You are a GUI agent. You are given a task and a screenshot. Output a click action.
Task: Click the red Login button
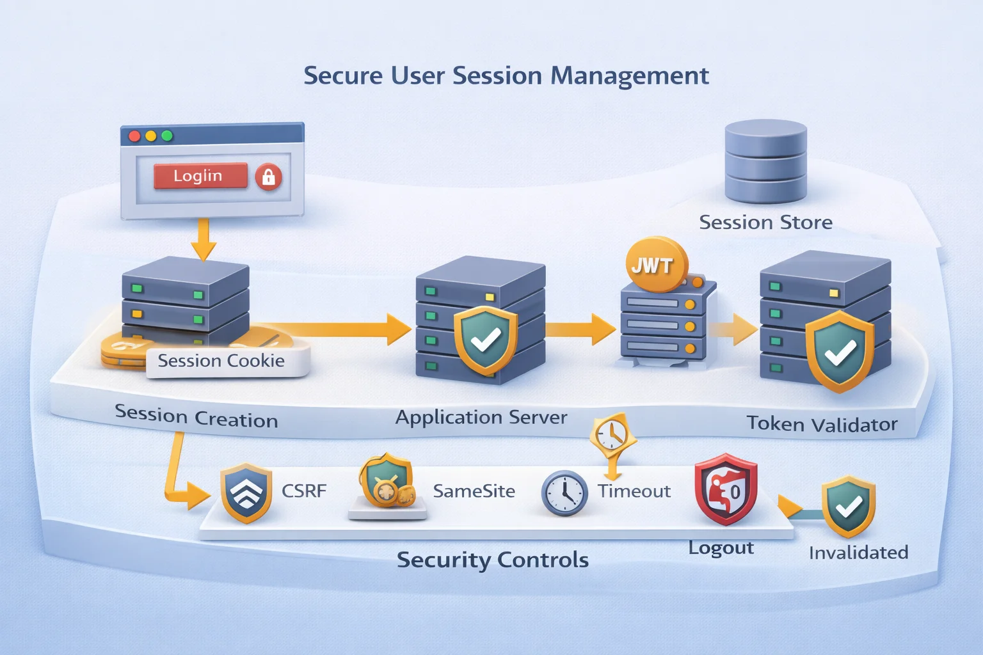[x=200, y=176]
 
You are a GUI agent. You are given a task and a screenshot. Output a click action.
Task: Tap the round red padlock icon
[x=268, y=177]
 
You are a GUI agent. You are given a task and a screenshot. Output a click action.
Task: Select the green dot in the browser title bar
[x=167, y=136]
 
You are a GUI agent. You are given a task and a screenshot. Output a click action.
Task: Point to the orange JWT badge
[x=653, y=265]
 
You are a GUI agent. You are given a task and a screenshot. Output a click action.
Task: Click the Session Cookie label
[x=221, y=361]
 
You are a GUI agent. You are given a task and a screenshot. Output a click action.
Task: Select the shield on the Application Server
[x=485, y=340]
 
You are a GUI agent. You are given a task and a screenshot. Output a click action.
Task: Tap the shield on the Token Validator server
[x=839, y=351]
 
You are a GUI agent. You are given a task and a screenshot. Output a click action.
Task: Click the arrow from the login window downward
[x=204, y=239]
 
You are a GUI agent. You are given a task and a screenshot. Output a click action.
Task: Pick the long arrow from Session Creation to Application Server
[x=333, y=329]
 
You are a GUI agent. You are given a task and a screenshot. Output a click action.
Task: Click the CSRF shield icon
[x=246, y=493]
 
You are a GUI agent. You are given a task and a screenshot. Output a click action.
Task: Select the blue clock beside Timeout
[x=564, y=493]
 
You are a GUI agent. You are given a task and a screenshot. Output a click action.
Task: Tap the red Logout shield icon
[x=726, y=489]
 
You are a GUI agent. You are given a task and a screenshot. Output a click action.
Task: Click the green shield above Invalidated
[x=848, y=506]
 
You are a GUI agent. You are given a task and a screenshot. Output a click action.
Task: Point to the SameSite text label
[x=474, y=491]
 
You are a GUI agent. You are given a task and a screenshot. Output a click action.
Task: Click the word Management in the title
[x=629, y=76]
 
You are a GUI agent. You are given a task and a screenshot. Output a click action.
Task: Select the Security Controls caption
[x=492, y=560]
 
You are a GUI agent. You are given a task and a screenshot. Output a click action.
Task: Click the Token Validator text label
[x=822, y=424]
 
